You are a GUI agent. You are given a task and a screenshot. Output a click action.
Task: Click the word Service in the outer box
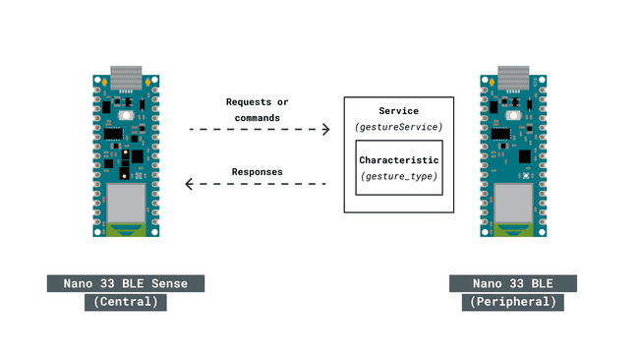398,110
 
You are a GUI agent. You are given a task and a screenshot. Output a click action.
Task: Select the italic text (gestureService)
398,128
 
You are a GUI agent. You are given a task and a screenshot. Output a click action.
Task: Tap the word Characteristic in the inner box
398,159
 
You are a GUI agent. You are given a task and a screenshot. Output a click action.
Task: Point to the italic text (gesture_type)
398,176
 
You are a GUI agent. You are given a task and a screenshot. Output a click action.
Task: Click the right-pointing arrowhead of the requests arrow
324,129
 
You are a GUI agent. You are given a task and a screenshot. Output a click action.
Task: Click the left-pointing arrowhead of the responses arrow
192,184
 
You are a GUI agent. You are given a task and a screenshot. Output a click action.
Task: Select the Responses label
258,172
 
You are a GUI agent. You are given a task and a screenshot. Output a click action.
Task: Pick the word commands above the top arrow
258,118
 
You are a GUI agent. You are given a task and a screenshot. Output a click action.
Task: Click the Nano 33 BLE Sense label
125,283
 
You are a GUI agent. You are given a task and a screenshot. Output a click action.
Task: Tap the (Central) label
125,302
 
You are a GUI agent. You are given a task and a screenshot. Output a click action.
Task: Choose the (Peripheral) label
513,302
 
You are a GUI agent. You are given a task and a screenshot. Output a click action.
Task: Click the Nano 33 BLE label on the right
513,283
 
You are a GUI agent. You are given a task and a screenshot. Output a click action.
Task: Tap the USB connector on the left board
125,77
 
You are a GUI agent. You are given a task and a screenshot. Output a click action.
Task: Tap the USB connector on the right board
512,77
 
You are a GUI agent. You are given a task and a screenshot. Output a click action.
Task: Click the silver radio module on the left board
125,202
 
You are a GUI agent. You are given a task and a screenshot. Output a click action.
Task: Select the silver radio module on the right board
512,202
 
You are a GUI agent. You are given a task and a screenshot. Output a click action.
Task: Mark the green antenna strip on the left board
125,231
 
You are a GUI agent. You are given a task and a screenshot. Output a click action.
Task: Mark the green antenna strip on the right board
512,231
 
